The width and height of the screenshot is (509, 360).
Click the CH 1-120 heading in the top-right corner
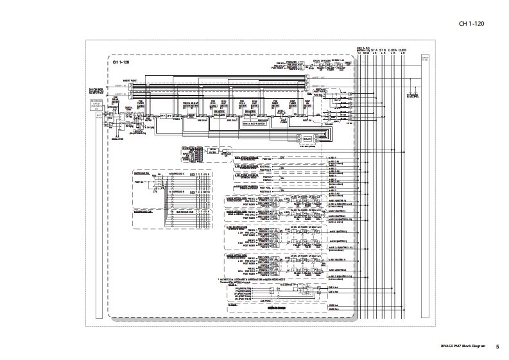click(471, 24)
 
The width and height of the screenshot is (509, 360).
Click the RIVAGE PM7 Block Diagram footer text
click(459, 347)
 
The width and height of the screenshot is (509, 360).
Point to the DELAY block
click(307, 137)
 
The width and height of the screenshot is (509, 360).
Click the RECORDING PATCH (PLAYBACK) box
click(97, 106)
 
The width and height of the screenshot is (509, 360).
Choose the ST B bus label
click(383, 49)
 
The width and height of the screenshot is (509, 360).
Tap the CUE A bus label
click(392, 49)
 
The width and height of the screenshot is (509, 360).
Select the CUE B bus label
click(402, 49)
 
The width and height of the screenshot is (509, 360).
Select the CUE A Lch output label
click(333, 286)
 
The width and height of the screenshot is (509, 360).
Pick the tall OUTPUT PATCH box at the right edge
click(425, 186)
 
